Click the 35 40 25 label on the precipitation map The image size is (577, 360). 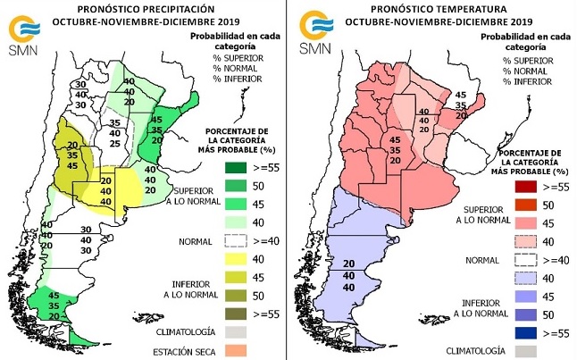point(115,131)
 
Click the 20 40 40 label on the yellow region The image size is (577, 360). point(106,191)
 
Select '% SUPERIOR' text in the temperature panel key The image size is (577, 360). point(525,60)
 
